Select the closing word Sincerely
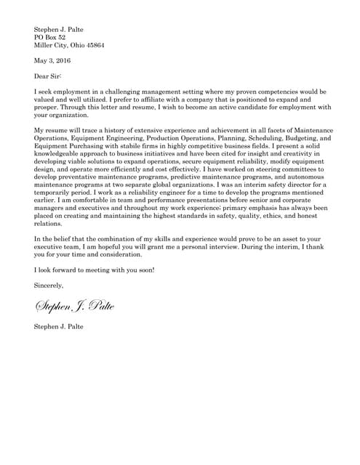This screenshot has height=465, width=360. (x=49, y=286)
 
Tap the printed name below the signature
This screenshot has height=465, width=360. (x=59, y=327)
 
